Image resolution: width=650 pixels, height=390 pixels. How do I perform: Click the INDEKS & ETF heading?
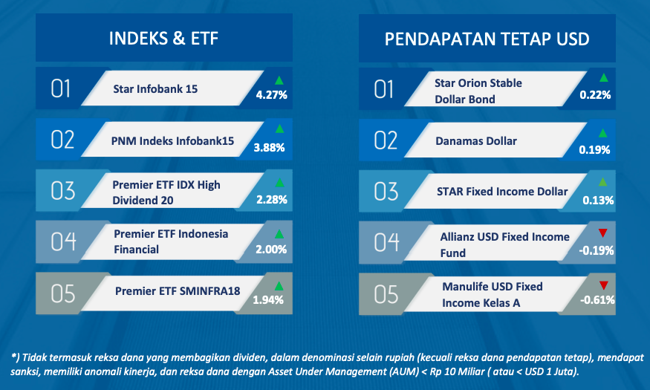[163, 39]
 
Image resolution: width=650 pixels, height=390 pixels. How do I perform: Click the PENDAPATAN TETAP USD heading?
[487, 39]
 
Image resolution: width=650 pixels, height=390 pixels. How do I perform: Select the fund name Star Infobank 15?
[155, 88]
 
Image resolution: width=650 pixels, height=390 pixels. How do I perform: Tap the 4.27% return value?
[272, 95]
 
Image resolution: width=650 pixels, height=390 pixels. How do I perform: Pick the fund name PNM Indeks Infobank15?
[172, 141]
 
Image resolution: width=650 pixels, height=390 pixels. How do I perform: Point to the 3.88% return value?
[269, 148]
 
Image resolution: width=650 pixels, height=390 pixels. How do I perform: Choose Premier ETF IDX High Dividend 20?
[166, 192]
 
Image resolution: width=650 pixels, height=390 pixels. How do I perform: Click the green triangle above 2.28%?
[279, 182]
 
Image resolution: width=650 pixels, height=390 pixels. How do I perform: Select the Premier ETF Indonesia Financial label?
[171, 241]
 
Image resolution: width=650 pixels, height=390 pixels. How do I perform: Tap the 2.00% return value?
[271, 249]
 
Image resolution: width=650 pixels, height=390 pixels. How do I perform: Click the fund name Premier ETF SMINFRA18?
[178, 291]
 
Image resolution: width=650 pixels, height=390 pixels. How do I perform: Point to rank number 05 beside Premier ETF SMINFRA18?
[63, 293]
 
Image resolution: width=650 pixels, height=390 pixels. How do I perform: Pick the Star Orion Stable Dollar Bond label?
[478, 91]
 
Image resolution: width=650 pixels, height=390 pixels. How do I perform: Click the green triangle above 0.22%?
[603, 77]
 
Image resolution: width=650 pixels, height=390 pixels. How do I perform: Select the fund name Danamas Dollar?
[476, 141]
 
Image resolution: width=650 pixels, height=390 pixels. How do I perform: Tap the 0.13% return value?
[598, 200]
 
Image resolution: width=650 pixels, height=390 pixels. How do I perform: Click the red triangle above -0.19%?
[602, 233]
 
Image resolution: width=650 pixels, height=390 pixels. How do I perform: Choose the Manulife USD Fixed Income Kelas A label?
[492, 295]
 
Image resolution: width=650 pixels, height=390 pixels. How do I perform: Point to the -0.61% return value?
[597, 299]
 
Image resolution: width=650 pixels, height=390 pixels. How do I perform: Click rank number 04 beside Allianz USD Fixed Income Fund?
[386, 242]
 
